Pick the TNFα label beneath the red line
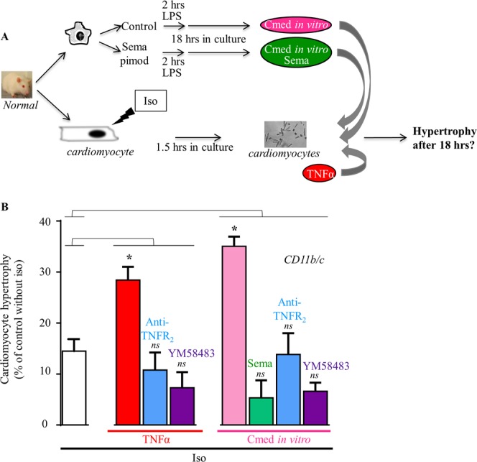pyautogui.click(x=154, y=438)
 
